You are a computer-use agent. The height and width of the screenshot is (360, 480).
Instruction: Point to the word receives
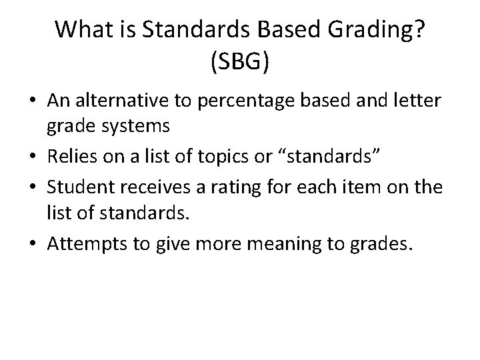(x=171, y=188)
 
